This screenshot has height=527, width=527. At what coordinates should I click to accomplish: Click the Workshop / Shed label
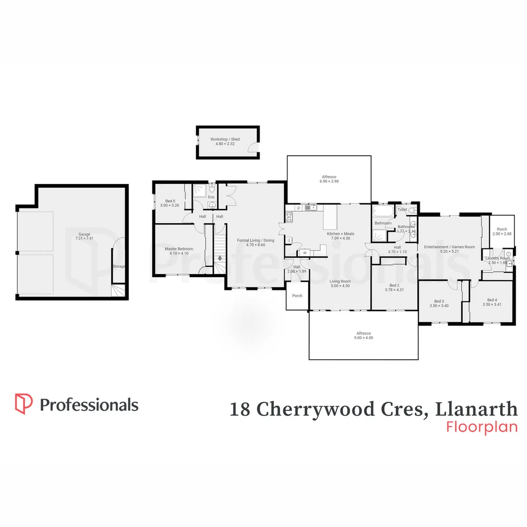point(225,140)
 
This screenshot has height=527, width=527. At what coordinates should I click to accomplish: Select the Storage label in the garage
point(119,266)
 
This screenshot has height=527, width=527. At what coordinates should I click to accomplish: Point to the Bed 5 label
point(170,201)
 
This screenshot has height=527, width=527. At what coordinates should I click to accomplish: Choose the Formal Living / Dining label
point(255,240)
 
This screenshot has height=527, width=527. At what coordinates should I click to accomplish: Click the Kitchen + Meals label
point(340,234)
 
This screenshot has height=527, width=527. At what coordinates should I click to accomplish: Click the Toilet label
point(402,210)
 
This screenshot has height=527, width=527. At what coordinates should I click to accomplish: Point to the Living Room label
point(340,281)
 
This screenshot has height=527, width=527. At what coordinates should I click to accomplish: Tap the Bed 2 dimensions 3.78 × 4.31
point(394,290)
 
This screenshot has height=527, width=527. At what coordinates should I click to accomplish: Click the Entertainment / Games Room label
point(449,247)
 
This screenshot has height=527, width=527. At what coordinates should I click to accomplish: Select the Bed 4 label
point(491,300)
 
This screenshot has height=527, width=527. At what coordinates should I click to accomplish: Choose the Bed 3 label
point(439,301)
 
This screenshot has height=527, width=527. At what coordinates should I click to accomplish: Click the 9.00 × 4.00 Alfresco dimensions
point(364,338)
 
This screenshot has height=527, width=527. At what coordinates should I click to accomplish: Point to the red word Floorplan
point(482,426)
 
